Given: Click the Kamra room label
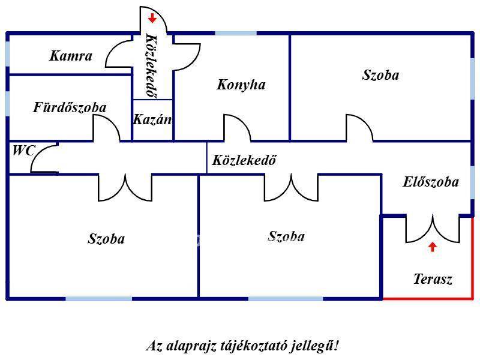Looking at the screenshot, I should [71, 56].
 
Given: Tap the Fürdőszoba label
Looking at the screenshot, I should [70, 108].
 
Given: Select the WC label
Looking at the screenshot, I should [24, 151].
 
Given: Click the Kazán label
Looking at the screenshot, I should [152, 119].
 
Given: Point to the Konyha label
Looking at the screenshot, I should [241, 85].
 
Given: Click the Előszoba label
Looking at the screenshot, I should [431, 182].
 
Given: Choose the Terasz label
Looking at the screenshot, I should [433, 279].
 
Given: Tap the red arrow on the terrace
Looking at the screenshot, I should [432, 246].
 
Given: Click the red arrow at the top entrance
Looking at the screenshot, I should [152, 18].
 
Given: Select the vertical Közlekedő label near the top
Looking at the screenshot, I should [152, 66].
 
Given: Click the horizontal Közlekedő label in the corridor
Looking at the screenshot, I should [244, 160].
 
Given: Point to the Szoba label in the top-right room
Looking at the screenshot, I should [380, 75].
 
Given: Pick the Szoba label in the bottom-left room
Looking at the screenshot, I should [106, 239].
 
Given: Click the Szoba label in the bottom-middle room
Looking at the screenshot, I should [286, 236].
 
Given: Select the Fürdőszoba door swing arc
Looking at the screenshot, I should [106, 127].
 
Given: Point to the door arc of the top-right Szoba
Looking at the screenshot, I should [358, 127].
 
